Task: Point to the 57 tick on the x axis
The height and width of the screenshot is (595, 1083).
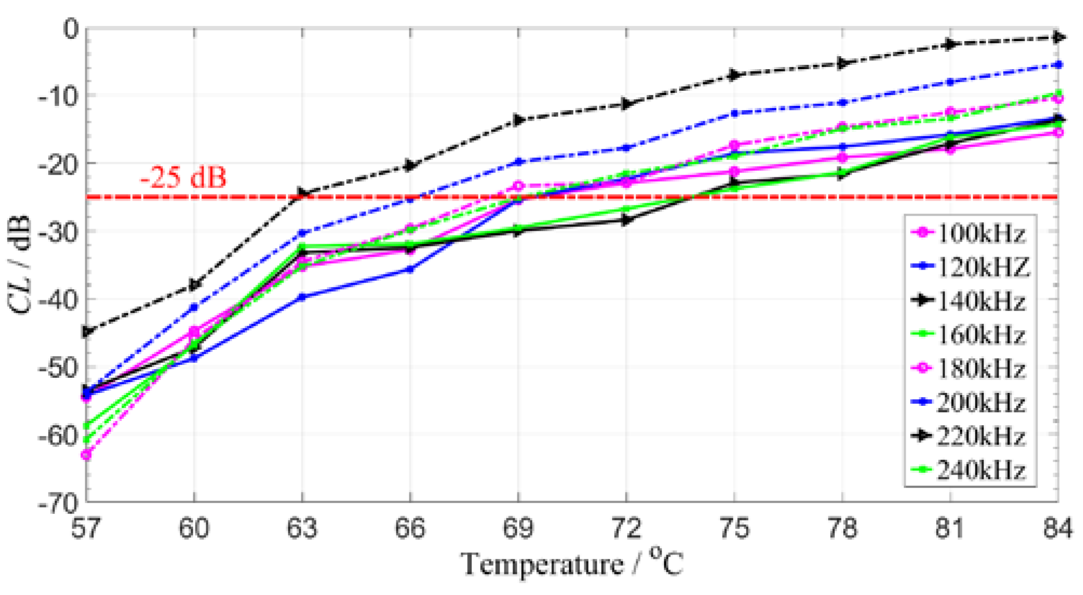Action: pyautogui.click(x=86, y=528)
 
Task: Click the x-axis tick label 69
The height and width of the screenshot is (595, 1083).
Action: pyautogui.click(x=518, y=528)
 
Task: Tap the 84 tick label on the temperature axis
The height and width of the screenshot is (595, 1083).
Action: pyautogui.click(x=1057, y=528)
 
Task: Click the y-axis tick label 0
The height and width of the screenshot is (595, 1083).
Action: pyautogui.click(x=71, y=29)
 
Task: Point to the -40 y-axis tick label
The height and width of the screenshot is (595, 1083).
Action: pyautogui.click(x=58, y=299)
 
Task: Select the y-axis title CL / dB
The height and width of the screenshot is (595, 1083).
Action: pyautogui.click(x=21, y=265)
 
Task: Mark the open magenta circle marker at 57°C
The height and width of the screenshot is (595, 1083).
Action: pyautogui.click(x=86, y=455)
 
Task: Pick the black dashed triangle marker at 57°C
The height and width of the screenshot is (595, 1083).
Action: pyautogui.click(x=86, y=332)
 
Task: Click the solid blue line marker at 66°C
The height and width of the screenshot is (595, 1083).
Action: pyautogui.click(x=411, y=269)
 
